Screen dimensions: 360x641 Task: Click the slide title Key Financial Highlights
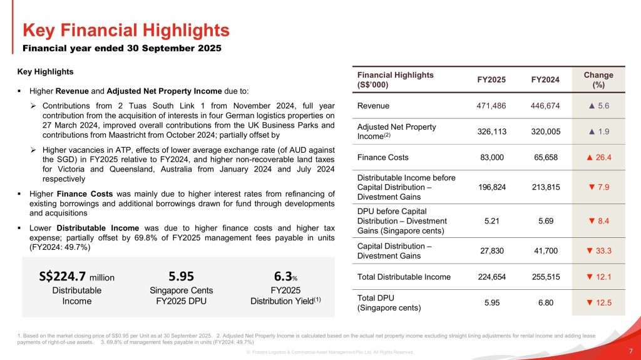pyautogui.click(x=126, y=30)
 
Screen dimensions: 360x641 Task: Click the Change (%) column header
pyautogui.click(x=598, y=80)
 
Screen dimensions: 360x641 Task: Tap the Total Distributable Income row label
pyautogui.click(x=404, y=277)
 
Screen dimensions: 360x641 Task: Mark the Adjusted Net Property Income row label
pyautogui.click(x=396, y=131)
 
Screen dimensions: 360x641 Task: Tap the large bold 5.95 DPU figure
pyautogui.click(x=182, y=276)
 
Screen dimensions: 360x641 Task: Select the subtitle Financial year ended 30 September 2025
pyautogui.click(x=122, y=48)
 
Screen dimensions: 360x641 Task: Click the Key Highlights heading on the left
pyautogui.click(x=45, y=71)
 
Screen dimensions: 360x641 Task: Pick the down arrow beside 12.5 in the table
pyautogui.click(x=588, y=303)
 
